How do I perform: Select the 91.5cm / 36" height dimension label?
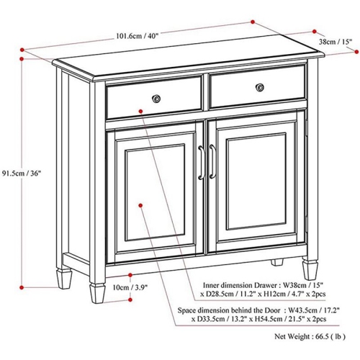(22, 173)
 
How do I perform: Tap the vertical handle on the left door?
(201, 163)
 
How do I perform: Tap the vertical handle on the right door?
(213, 162)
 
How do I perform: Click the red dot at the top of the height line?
(22, 51)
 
